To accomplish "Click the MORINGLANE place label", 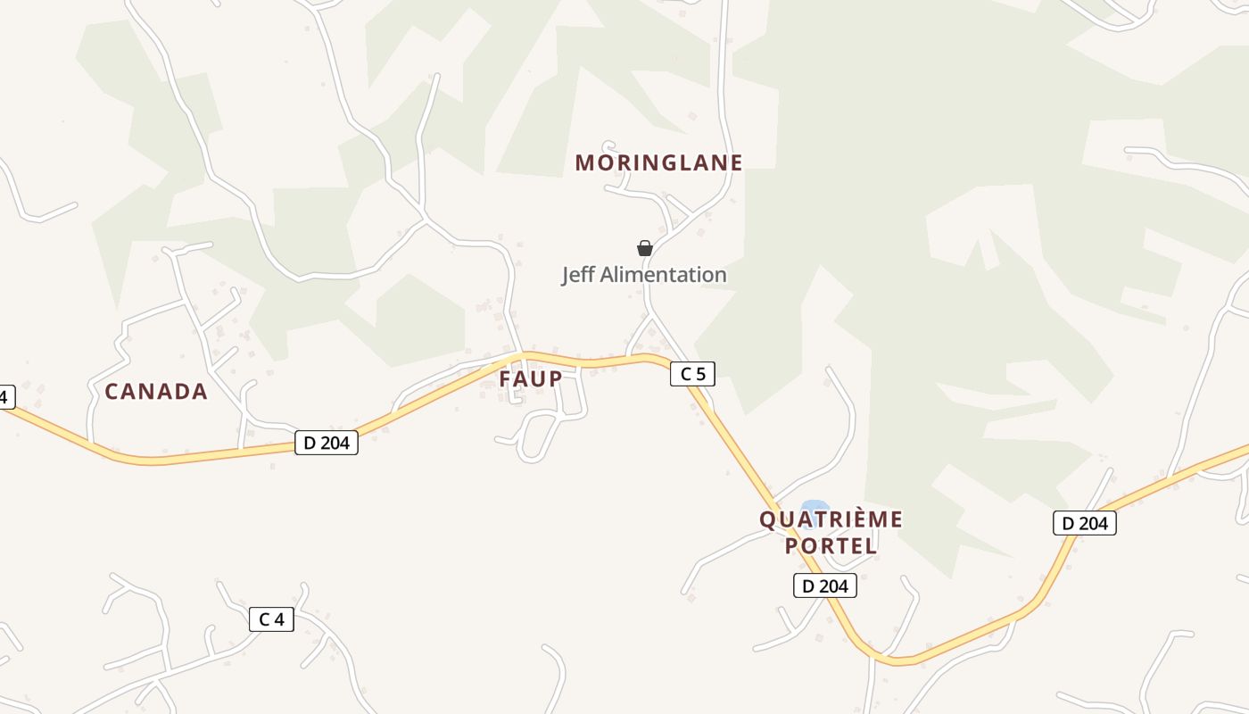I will click(658, 162).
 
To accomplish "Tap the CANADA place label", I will click(156, 391).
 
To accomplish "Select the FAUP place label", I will click(531, 378).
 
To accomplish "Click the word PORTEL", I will click(831, 545).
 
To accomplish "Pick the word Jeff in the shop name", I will click(577, 275).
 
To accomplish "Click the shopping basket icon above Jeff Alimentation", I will click(644, 248).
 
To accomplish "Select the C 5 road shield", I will click(692, 374).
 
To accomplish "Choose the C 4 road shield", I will click(271, 619).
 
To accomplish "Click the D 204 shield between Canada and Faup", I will click(327, 442).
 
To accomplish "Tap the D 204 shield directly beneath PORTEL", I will click(824, 585).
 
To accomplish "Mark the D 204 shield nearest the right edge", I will click(1084, 523).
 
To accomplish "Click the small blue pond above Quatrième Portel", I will click(814, 507).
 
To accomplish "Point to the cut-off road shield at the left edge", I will click(5, 396).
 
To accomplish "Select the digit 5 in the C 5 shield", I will click(700, 374).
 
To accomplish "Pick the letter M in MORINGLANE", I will click(585, 162).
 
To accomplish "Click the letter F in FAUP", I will click(505, 378).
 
